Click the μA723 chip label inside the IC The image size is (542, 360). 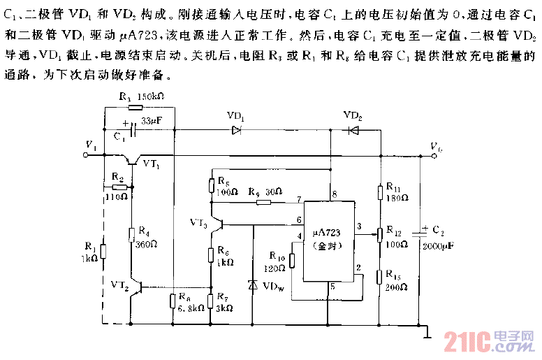(325, 231)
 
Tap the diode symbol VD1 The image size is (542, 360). (236, 129)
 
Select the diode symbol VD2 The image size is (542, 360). (353, 129)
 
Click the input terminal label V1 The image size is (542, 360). (90, 145)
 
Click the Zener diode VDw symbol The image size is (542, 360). (251, 286)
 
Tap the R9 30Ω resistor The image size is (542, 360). (263, 203)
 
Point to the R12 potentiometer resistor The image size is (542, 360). (379, 233)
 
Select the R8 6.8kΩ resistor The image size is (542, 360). (173, 302)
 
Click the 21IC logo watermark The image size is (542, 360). (489, 343)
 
